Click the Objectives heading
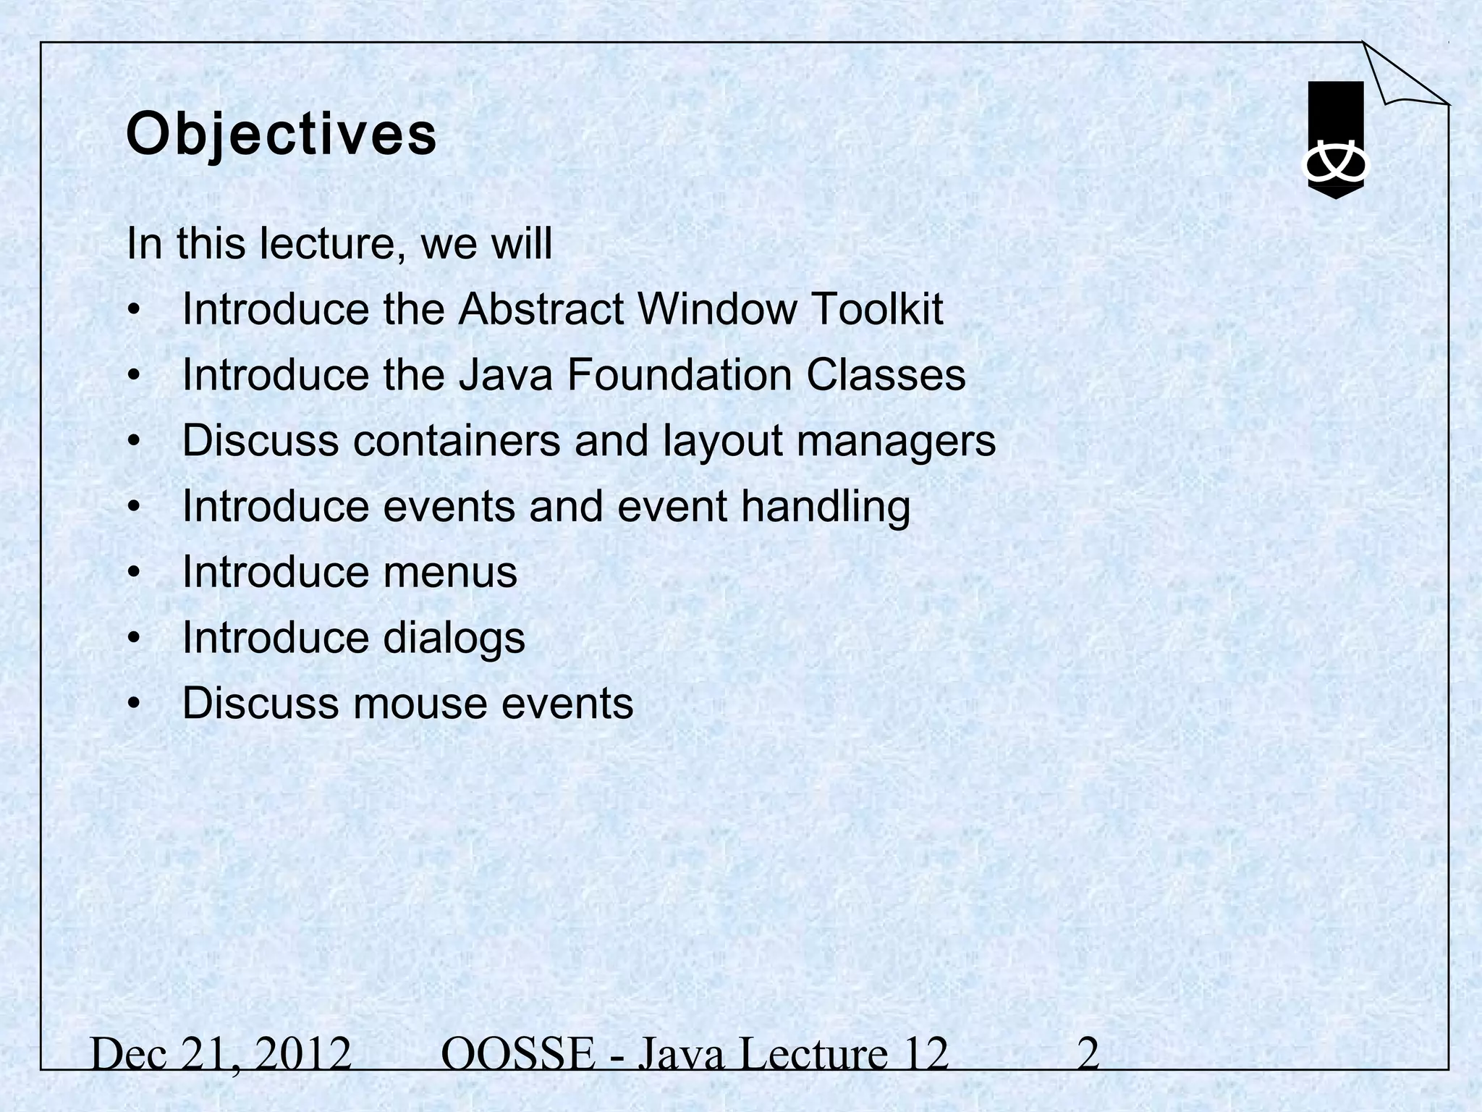coord(281,135)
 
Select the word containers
coord(457,441)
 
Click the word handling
coord(825,507)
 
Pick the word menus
coord(450,573)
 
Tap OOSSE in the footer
coord(517,1055)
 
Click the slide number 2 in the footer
coord(1088,1055)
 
